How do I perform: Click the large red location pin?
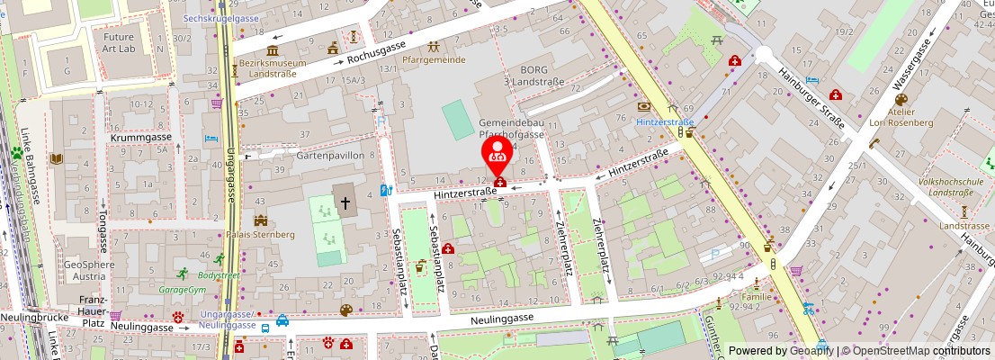coord(497,155)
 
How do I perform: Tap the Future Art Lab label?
coord(118,42)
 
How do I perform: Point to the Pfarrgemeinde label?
coord(435,59)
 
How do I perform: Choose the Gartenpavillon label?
coord(330,155)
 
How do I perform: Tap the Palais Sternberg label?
coord(260,234)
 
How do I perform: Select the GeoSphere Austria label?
coord(89,271)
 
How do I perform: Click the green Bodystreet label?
coord(219,274)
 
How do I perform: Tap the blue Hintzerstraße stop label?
coord(665,121)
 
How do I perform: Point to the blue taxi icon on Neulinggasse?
coord(282,319)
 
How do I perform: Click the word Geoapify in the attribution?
coord(811,351)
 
